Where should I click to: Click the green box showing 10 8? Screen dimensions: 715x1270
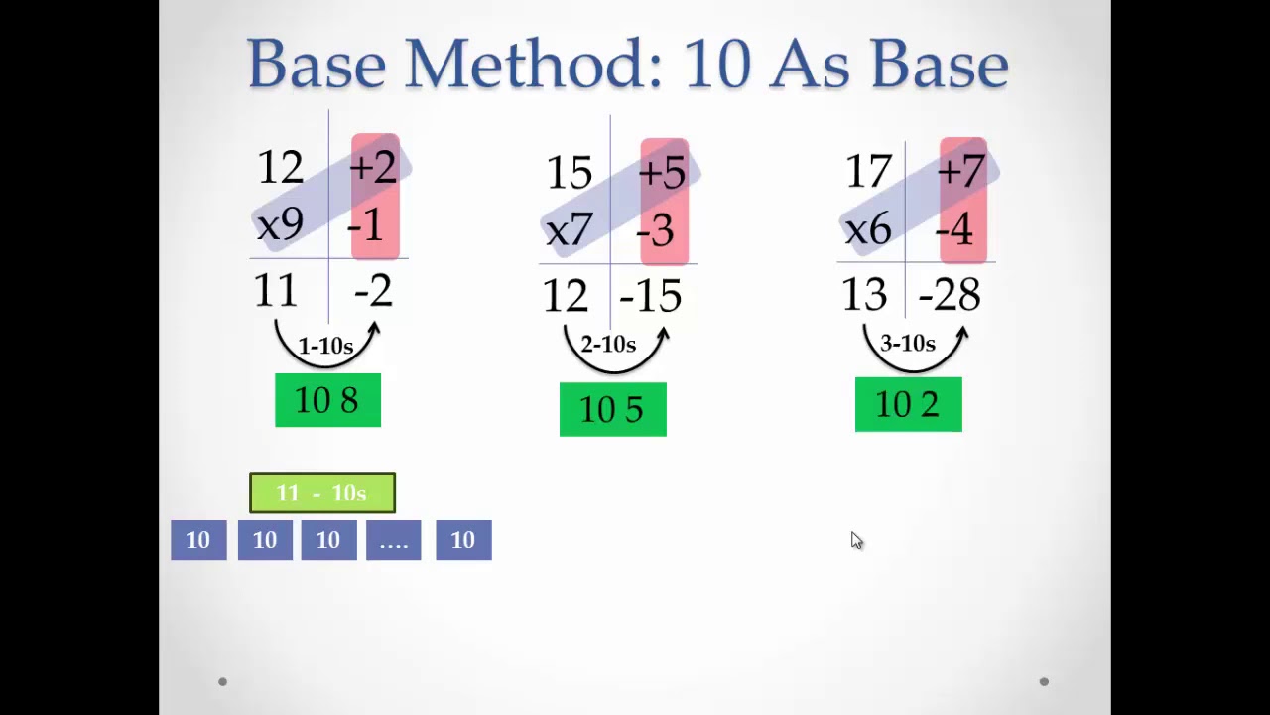(327, 400)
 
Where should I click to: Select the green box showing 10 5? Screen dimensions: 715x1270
(612, 409)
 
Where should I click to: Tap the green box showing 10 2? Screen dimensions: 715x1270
(908, 404)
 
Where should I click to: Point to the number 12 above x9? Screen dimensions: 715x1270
(280, 168)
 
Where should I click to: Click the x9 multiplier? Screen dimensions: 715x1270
(280, 225)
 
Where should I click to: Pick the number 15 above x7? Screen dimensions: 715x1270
(570, 174)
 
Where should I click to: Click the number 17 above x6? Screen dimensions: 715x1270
(868, 172)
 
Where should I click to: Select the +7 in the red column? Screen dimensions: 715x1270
(960, 172)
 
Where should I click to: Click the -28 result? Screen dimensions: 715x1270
(950, 295)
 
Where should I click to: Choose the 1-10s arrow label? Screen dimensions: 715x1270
(325, 347)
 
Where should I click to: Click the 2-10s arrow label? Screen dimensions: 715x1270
(608, 345)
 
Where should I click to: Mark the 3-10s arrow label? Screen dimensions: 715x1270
(908, 344)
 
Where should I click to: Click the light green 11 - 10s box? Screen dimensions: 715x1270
(321, 493)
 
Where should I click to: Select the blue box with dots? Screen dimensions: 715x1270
(393, 540)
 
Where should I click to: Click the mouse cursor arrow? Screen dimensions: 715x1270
(856, 540)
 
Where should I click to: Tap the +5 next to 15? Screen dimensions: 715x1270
(662, 174)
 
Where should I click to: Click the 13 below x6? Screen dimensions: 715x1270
(863, 295)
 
